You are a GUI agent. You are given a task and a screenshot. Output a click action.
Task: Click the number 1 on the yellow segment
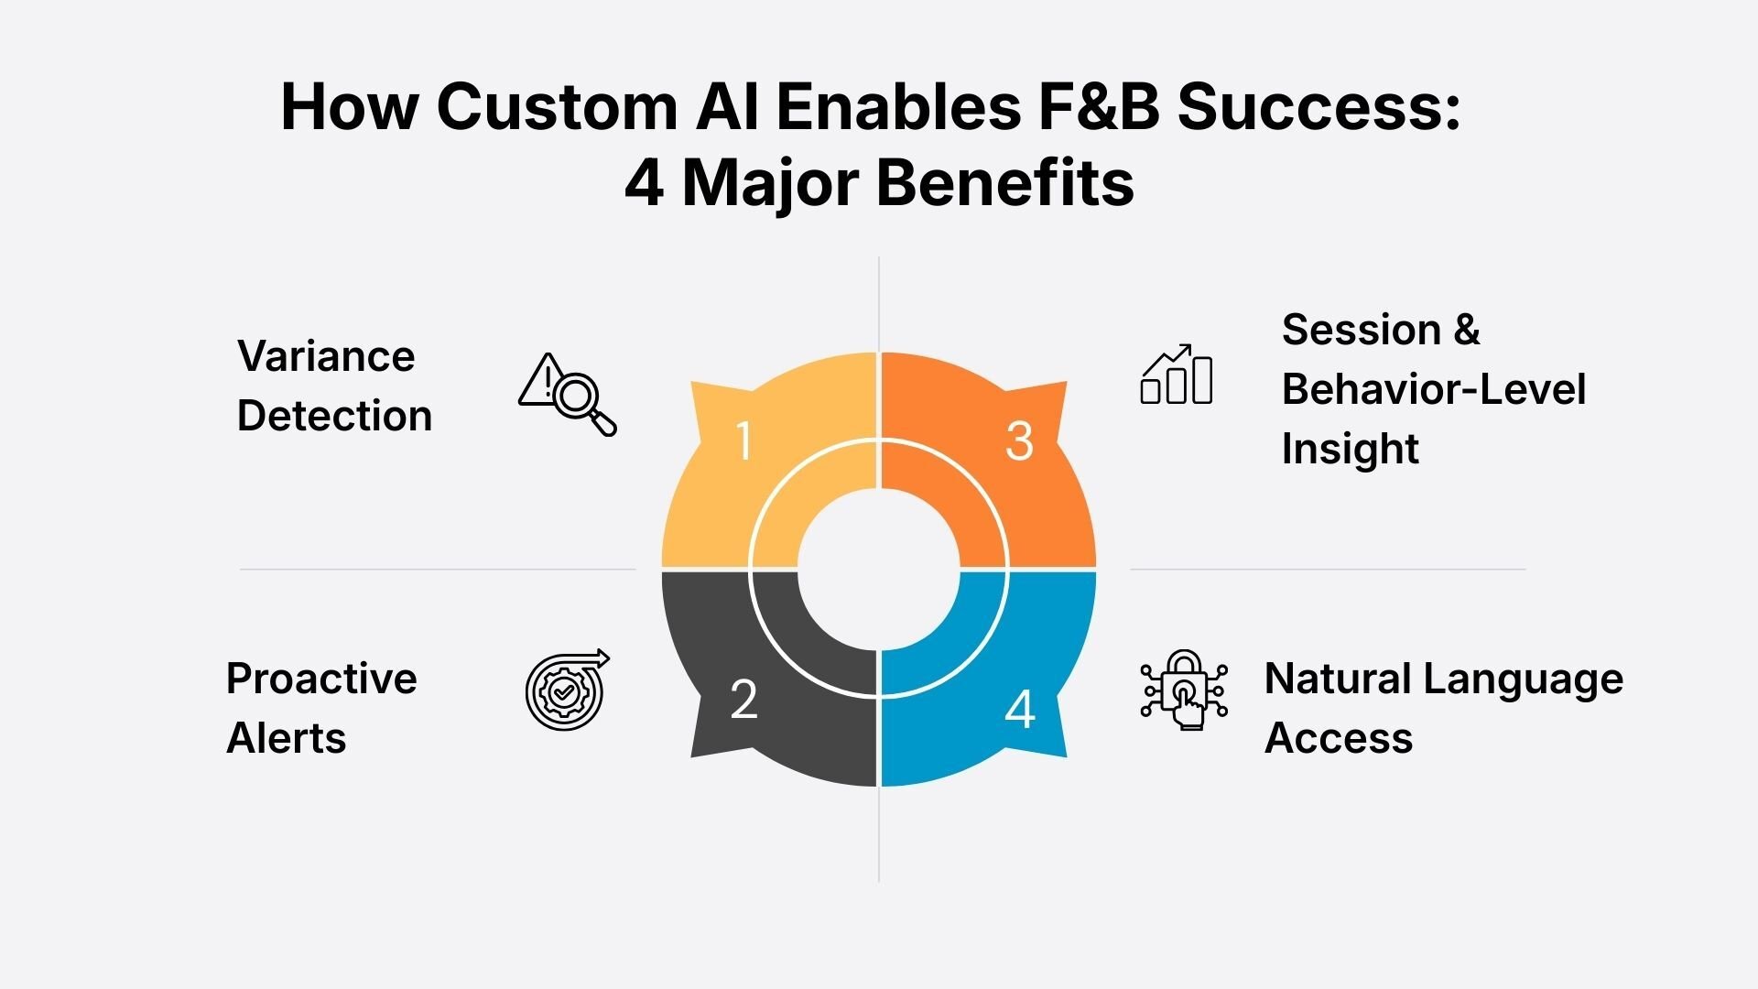click(x=743, y=440)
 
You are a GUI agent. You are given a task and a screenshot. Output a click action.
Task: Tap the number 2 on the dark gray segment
click(x=743, y=700)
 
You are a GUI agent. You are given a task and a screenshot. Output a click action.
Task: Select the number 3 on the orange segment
click(x=1019, y=440)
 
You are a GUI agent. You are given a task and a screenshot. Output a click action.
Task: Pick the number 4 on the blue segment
click(x=1019, y=709)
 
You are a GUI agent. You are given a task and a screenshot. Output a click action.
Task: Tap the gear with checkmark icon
click(x=566, y=690)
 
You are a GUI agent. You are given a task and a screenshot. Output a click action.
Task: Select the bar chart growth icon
click(x=1177, y=375)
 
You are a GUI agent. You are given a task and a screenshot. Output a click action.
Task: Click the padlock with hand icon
click(x=1184, y=690)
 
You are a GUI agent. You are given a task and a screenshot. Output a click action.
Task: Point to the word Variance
click(x=326, y=356)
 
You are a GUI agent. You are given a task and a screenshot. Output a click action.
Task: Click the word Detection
click(x=334, y=416)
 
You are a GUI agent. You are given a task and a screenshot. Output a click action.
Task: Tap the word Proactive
click(x=321, y=679)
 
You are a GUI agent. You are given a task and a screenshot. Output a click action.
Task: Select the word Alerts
click(x=287, y=738)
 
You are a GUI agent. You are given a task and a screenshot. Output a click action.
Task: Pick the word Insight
click(x=1350, y=449)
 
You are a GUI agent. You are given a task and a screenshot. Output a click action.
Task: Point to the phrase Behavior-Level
click(x=1433, y=389)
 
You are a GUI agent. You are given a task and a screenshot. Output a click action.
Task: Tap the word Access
click(x=1339, y=738)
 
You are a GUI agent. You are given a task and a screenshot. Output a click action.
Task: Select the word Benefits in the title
click(x=1004, y=183)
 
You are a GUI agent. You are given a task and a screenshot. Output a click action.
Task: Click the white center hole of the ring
click(x=879, y=569)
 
